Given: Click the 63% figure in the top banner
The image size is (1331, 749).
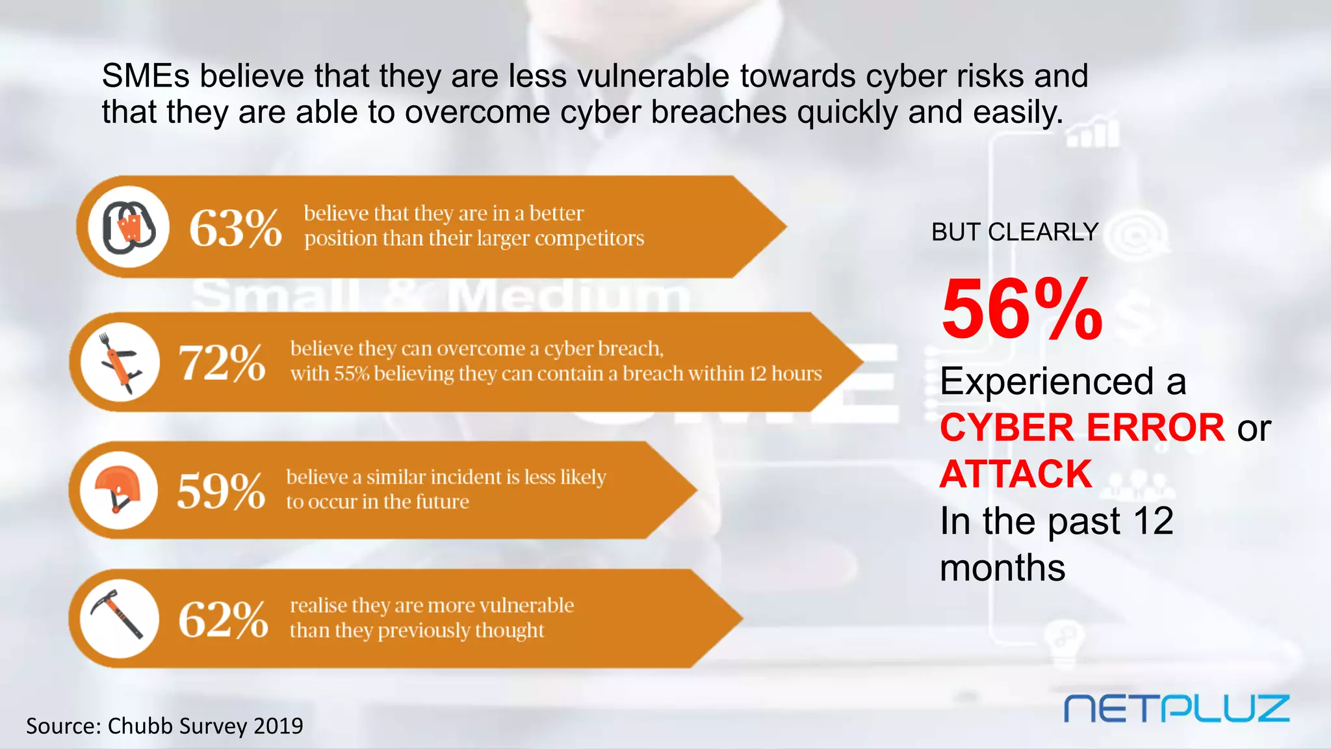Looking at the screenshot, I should click(x=235, y=228).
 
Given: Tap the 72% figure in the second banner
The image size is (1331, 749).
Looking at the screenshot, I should click(x=222, y=362).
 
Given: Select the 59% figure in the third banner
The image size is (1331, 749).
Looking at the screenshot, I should click(x=221, y=491).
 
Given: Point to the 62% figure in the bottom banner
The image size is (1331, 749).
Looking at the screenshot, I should click(x=223, y=619).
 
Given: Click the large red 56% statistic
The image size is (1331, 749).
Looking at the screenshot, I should click(x=1022, y=309).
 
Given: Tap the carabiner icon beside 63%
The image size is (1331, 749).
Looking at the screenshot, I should click(x=129, y=227).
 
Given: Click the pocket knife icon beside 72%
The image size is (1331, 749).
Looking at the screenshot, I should click(x=120, y=362).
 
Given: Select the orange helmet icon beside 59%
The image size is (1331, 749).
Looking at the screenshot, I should click(x=119, y=490).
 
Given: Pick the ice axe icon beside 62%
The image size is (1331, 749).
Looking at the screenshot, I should click(x=119, y=618).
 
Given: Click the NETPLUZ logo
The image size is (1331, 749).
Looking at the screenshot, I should click(x=1176, y=708).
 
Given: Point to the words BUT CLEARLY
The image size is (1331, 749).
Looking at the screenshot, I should click(x=1014, y=232).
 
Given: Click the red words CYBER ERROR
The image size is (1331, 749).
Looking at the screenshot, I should click(x=1082, y=428).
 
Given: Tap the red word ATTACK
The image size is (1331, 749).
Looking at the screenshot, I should click(x=1016, y=474).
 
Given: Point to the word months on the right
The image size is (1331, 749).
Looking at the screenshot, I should click(x=1003, y=568).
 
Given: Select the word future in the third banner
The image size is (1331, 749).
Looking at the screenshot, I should click(x=442, y=502).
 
